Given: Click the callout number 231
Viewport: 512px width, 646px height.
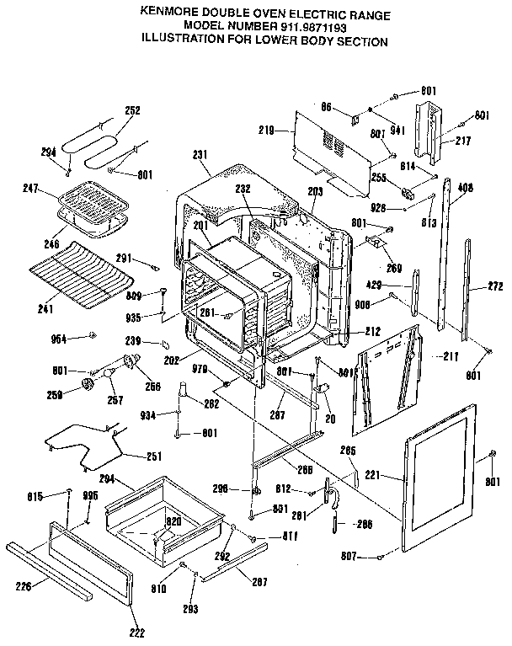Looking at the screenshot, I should click(200, 155).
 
